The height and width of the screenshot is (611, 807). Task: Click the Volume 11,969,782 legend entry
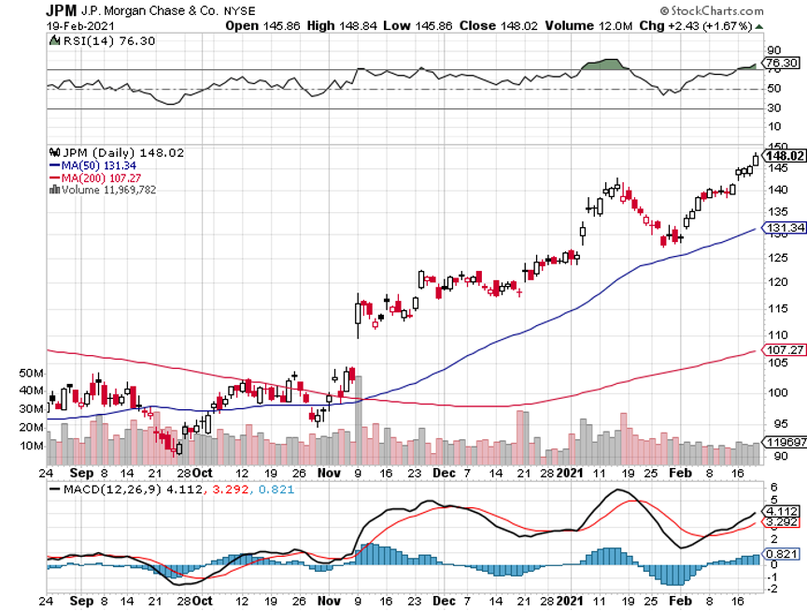click(x=108, y=189)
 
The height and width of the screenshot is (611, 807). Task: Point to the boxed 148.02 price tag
click(x=786, y=155)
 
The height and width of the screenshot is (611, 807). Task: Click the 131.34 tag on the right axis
click(x=785, y=228)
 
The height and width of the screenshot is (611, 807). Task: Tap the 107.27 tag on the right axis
click(x=785, y=350)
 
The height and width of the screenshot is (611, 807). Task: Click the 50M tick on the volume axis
click(x=31, y=372)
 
